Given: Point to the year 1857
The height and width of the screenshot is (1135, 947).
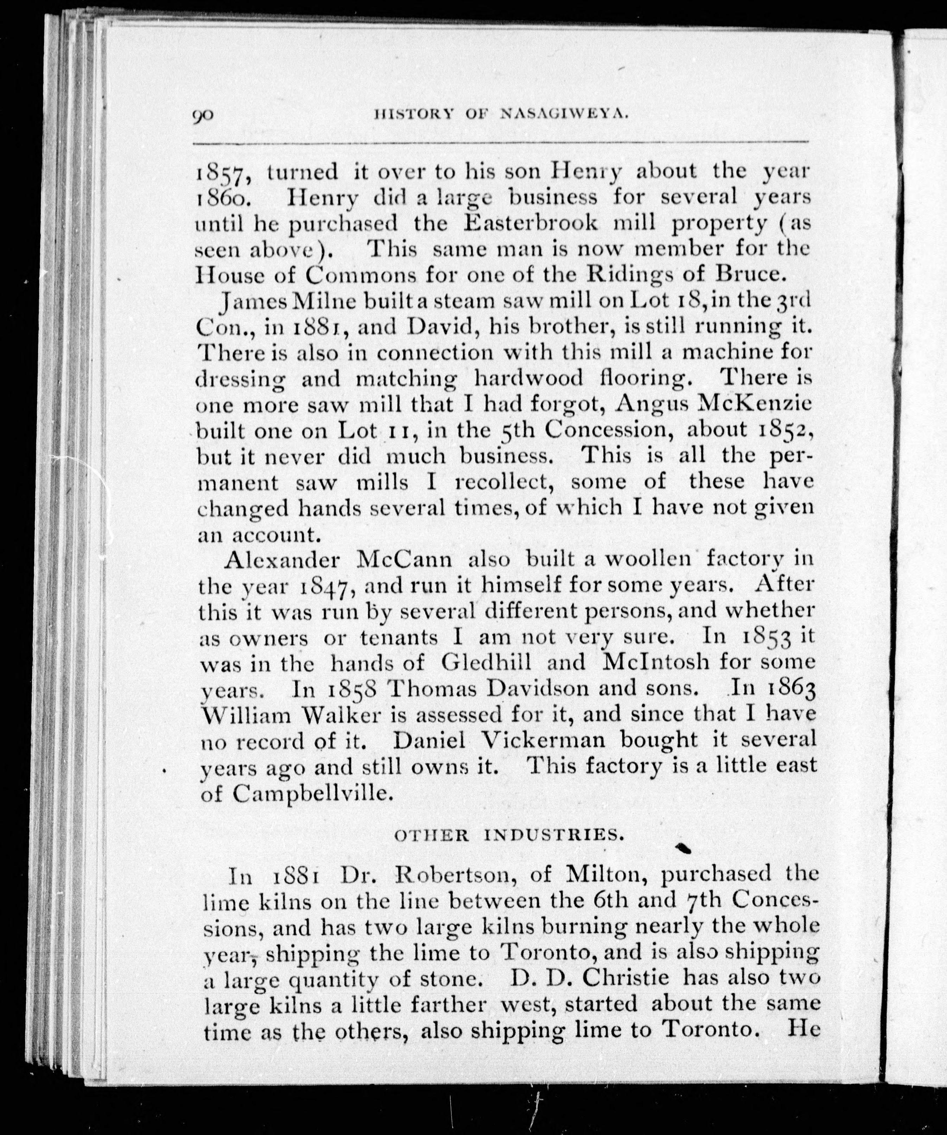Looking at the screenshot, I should tap(222, 174).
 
